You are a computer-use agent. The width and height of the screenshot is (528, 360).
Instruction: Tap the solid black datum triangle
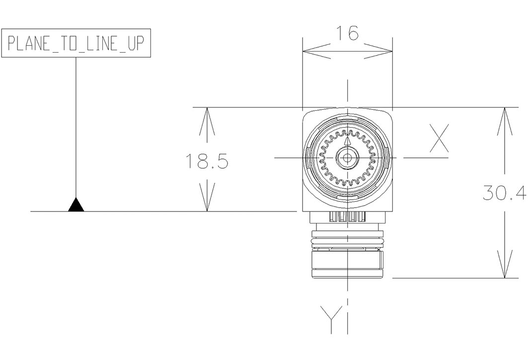tap(76, 206)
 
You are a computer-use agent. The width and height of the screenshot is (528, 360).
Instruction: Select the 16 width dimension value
tap(348, 34)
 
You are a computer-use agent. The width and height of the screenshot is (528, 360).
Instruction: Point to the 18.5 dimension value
tap(207, 161)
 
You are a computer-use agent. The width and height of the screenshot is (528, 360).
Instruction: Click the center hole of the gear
tap(347, 158)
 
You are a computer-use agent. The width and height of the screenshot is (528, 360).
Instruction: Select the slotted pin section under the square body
tap(347, 217)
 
